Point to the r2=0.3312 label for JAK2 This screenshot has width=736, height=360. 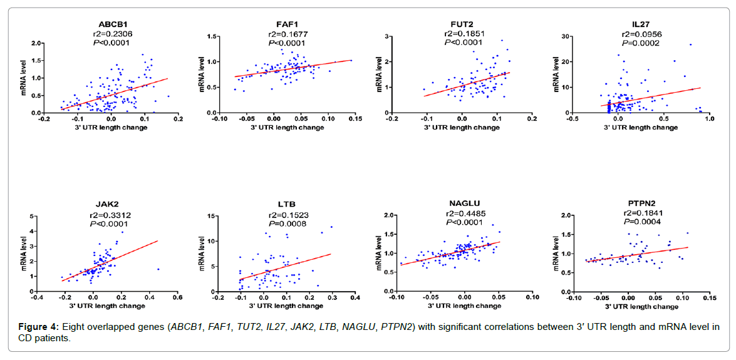click(110, 215)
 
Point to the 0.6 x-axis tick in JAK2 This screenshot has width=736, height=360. click(177, 298)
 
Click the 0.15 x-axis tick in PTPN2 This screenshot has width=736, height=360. click(709, 298)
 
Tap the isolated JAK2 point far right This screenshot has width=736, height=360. click(158, 269)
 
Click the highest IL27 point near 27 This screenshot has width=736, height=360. click(690, 44)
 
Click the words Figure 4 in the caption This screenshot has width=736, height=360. click(38, 327)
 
